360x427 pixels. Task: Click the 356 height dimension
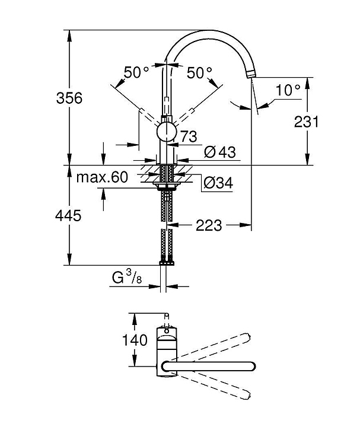tap(70, 98)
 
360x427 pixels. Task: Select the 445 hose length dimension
tap(70, 216)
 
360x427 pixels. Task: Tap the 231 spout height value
tap(307, 122)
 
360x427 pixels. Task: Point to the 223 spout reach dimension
tap(209, 226)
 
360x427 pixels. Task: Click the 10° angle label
tap(288, 90)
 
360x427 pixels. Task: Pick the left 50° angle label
tap(136, 72)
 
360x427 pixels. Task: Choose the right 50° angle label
tap(199, 72)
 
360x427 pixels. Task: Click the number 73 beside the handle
tap(189, 136)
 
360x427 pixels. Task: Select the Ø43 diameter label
tap(219, 152)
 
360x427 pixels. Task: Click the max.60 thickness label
tap(103, 177)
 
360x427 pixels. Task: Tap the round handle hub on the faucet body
tap(167, 132)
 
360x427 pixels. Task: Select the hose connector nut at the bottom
tap(167, 261)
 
